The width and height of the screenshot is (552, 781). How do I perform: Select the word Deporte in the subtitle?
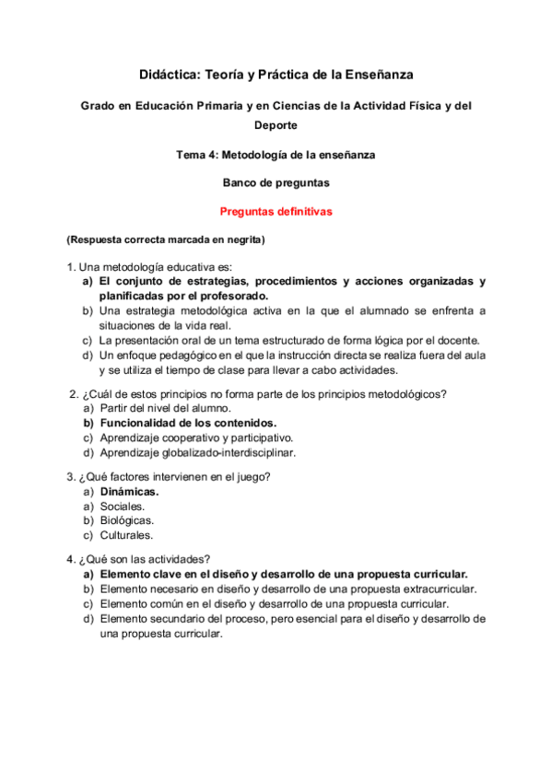[276, 125]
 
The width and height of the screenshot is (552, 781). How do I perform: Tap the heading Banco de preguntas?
[276, 182]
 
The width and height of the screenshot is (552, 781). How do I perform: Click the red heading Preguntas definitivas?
[276, 211]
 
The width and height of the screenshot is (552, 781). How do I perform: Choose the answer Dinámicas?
[129, 491]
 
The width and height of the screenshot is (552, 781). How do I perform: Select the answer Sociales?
[121, 506]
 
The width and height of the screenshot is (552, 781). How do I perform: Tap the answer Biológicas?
[126, 520]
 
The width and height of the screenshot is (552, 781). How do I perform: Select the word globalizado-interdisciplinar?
[227, 452]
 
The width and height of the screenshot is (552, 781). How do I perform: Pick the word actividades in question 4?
[177, 558]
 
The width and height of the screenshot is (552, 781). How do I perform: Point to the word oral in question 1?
[190, 340]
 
